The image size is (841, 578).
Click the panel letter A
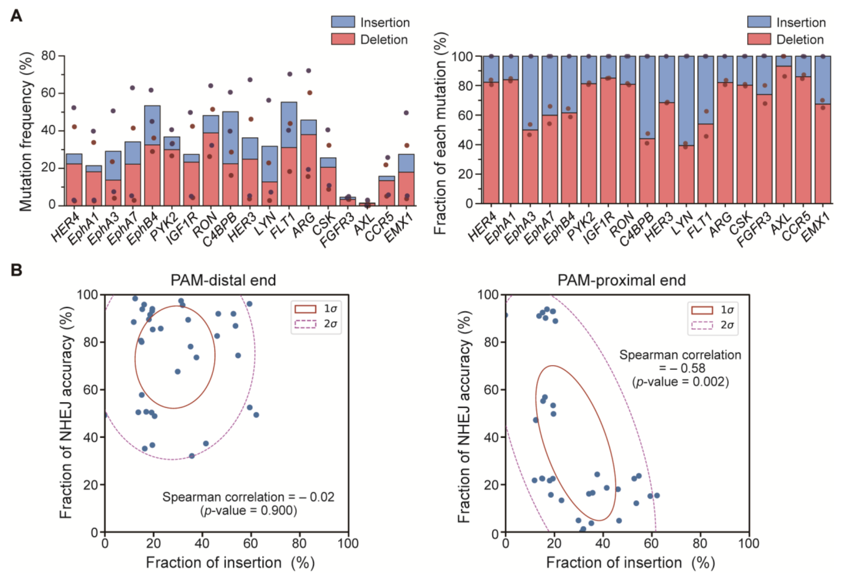pos(16,16)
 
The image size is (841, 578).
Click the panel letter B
pos(16,270)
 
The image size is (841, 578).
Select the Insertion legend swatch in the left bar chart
pos(343,22)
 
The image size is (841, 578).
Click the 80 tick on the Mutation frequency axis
pos(48,56)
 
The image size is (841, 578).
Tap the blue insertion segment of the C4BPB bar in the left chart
pos(230,137)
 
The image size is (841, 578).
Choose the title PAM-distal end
pos(223,280)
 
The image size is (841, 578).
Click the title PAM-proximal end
pos(621,280)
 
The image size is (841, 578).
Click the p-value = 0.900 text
pos(249,511)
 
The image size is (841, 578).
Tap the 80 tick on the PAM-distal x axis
pos(299,543)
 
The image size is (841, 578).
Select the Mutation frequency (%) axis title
pos(26,131)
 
